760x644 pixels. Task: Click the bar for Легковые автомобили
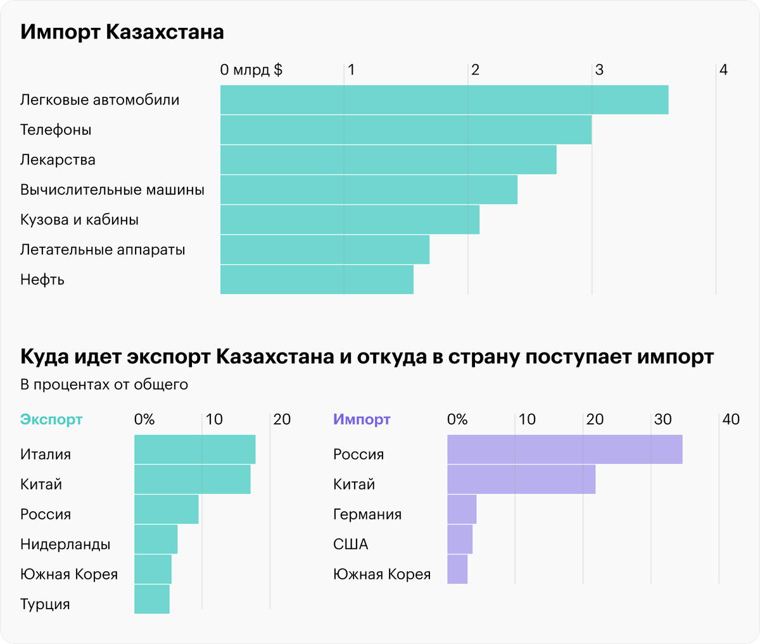(443, 100)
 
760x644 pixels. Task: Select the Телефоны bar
(405, 130)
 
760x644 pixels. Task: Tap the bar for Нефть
(317, 280)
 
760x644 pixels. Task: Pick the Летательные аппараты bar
(324, 250)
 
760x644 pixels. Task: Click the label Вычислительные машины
(112, 190)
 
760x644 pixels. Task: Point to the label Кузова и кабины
(79, 220)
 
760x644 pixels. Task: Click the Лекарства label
(58, 160)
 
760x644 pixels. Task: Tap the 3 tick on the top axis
(598, 70)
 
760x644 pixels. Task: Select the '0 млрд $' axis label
(251, 70)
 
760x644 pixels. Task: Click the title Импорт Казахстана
(122, 32)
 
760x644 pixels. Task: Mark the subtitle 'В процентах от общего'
(104, 385)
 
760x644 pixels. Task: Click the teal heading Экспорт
(51, 419)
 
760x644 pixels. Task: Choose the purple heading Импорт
(362, 419)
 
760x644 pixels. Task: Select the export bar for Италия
(194, 450)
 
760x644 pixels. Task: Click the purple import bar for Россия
(564, 450)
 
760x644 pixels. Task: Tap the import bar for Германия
(462, 510)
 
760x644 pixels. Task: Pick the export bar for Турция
(151, 600)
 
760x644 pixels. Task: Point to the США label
(350, 545)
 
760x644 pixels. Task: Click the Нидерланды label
(65, 545)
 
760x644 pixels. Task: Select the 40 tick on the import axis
(730, 419)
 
